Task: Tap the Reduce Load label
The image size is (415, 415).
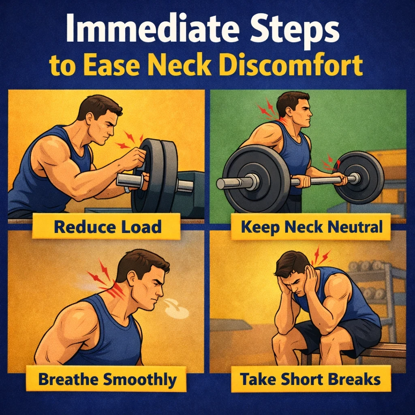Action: (107, 227)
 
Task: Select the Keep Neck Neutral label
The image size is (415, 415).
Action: (311, 227)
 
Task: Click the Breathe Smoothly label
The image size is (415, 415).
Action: (107, 380)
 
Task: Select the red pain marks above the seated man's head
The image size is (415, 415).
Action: (320, 256)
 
